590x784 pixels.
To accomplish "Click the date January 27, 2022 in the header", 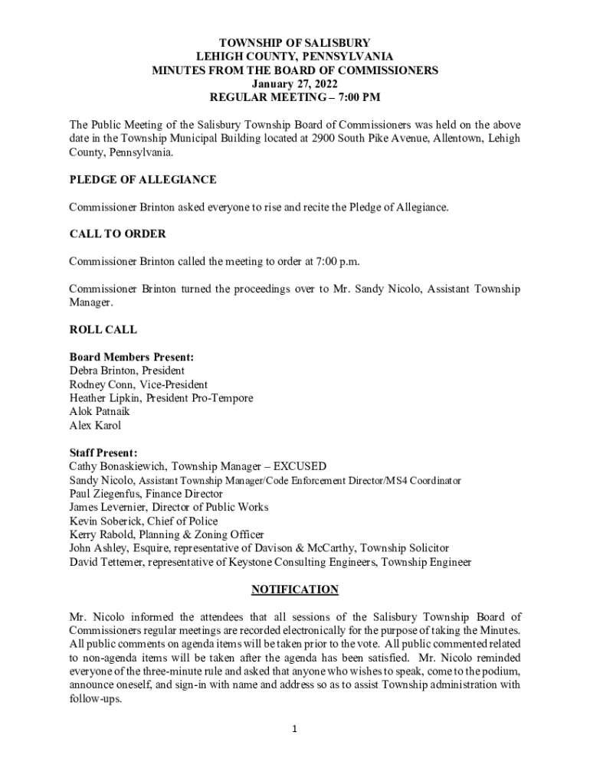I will (x=295, y=83).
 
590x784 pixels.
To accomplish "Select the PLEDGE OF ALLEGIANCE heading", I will (x=143, y=180).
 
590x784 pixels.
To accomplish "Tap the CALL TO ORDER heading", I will (x=117, y=234).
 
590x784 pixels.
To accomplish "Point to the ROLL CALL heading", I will (x=103, y=330).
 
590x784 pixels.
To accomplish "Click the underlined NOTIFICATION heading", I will (x=295, y=590).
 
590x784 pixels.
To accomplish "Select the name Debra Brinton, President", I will (x=126, y=371).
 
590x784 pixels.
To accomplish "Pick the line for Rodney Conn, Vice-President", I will (x=138, y=384).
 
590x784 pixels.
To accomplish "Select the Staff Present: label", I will (x=103, y=452).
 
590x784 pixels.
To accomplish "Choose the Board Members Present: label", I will (x=131, y=357).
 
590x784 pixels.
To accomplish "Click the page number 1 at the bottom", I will (x=295, y=729).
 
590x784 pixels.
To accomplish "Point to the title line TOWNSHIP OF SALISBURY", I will (x=295, y=43).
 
